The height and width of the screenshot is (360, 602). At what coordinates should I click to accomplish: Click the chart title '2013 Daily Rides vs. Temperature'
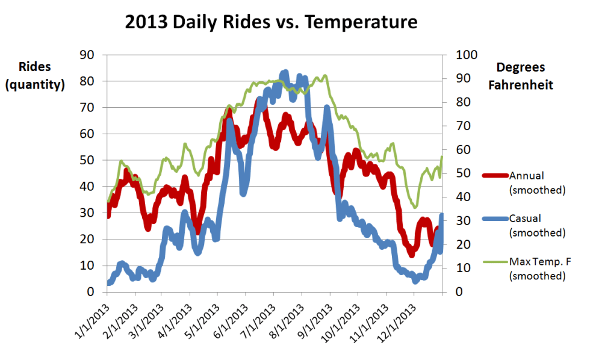point(271,22)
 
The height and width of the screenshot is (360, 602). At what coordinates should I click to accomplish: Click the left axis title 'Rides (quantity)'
point(34,75)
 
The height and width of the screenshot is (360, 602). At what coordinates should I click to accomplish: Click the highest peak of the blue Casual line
point(285,72)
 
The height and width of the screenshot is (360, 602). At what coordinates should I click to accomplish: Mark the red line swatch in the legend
point(495,176)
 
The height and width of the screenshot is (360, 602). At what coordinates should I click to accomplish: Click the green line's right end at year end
point(442,157)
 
